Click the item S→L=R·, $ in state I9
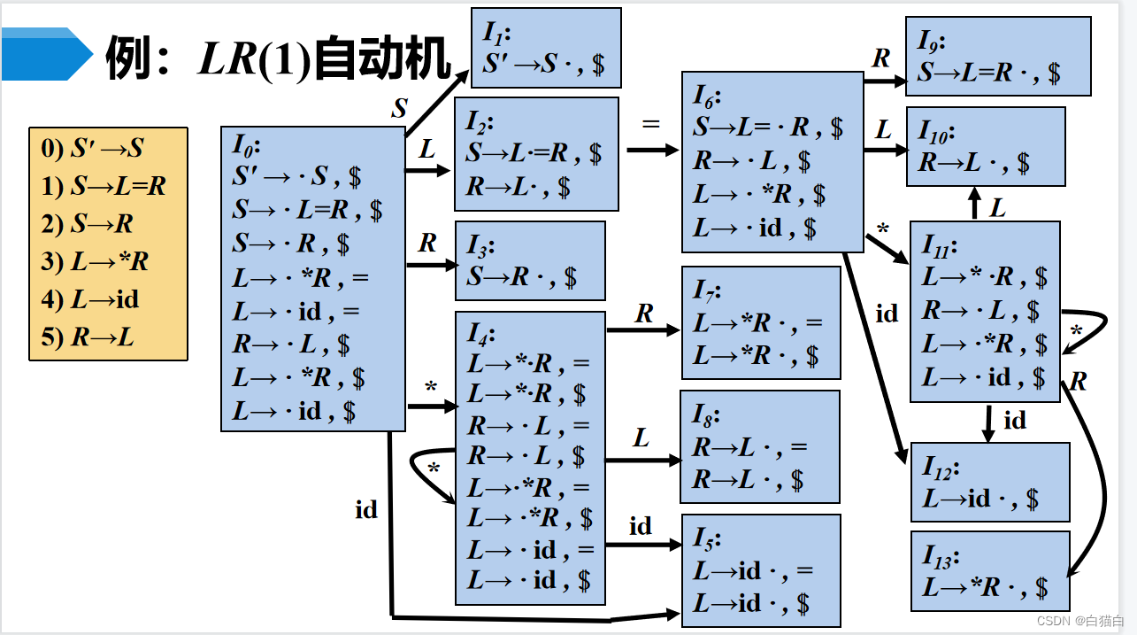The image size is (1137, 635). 988,73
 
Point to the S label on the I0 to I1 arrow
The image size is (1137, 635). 400,109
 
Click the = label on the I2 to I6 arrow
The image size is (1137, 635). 651,124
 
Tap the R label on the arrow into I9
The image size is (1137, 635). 881,58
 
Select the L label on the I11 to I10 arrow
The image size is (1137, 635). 998,208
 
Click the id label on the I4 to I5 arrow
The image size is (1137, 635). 641,527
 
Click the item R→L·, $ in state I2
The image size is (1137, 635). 519,187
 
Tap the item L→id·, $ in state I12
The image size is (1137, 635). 980,499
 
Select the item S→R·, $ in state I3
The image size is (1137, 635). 522,277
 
